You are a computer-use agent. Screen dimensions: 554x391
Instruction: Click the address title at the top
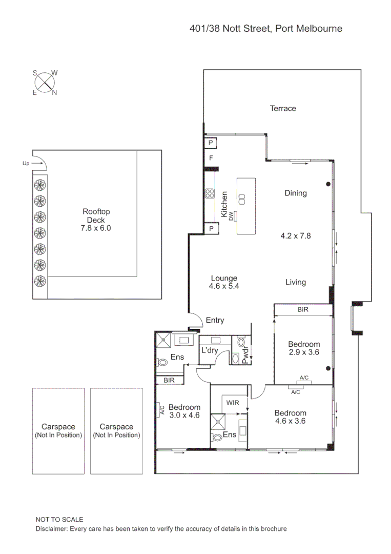coord(265,29)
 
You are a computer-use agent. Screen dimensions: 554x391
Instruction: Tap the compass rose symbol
coord(46,82)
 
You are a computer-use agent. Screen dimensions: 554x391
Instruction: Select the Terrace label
coord(283,108)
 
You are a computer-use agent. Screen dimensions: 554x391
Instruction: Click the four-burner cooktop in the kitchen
coord(210,193)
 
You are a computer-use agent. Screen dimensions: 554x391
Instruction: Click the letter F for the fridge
coord(210,157)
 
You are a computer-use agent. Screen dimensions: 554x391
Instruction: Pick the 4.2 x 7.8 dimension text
coord(296,236)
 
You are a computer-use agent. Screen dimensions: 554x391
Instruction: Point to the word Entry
coord(215,320)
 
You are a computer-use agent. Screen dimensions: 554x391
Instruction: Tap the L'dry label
coord(210,350)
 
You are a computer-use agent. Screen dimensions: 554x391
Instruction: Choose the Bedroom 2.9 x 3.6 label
coord(303,348)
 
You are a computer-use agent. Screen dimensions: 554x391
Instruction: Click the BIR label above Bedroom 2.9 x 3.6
coord(303,310)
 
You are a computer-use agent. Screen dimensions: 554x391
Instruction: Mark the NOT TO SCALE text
coord(59,520)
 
